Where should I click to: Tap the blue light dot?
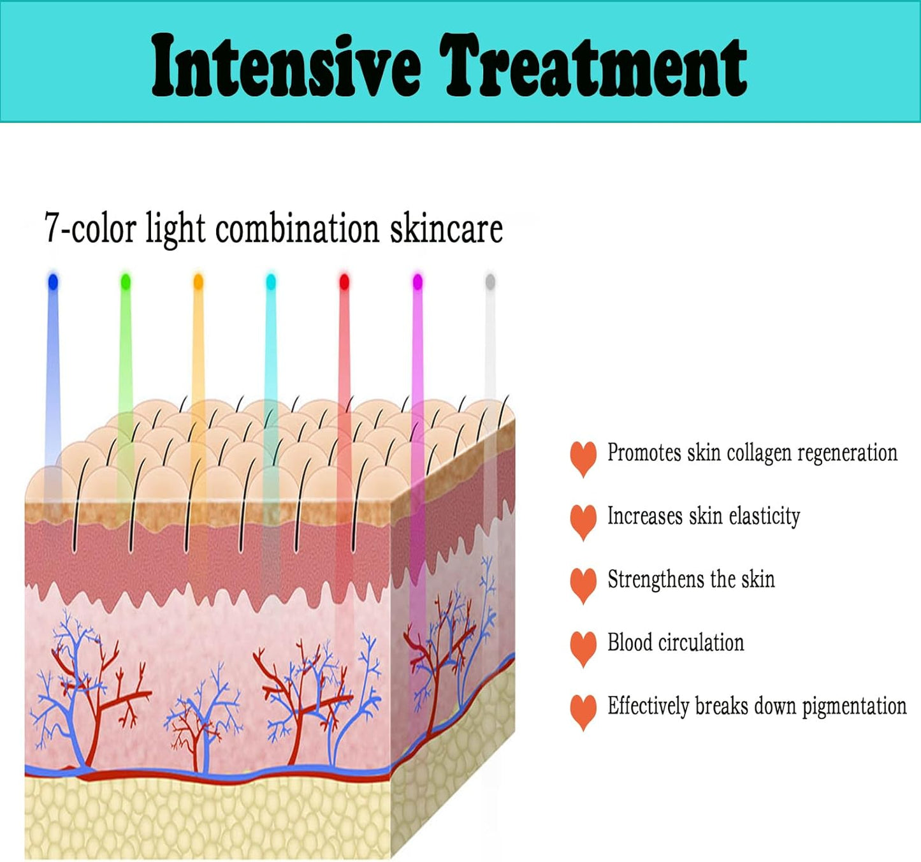click(53, 281)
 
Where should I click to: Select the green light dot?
click(126, 281)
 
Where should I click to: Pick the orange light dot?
click(198, 281)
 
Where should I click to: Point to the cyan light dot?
click(271, 281)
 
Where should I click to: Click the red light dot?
click(344, 281)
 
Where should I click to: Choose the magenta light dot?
click(417, 281)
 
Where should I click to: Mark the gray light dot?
click(490, 281)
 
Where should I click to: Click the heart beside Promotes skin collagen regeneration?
click(583, 457)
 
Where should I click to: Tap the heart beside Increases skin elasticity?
click(583, 520)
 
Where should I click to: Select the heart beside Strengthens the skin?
click(583, 584)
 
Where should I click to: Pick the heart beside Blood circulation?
click(583, 647)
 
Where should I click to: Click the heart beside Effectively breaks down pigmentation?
click(583, 710)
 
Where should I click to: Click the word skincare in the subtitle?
click(446, 228)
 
